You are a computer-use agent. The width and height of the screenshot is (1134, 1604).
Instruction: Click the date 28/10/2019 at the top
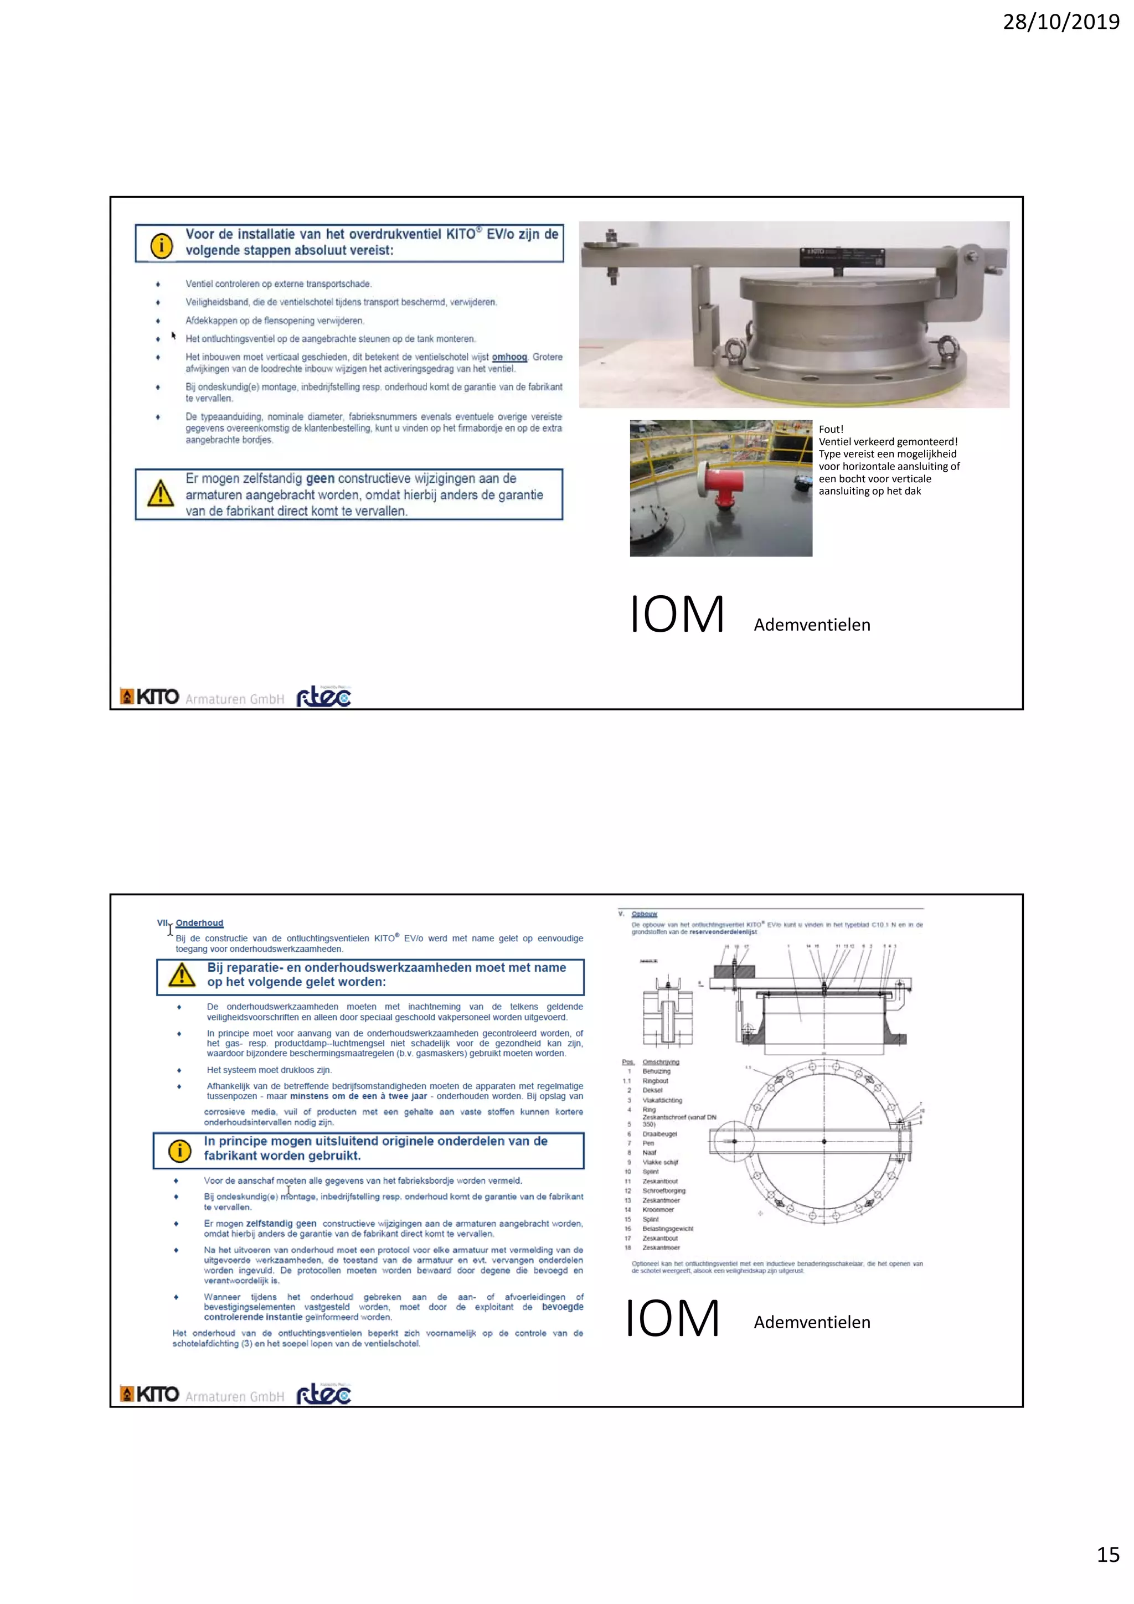point(1061,22)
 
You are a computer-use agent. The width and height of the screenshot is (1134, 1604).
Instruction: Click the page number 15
point(1107,1554)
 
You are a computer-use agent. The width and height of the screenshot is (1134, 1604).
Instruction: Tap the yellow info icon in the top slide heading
point(161,245)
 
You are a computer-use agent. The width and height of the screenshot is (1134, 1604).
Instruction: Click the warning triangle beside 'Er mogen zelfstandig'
point(161,493)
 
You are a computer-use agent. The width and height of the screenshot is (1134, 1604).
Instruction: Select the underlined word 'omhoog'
point(509,357)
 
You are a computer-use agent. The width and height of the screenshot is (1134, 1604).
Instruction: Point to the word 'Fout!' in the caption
point(831,429)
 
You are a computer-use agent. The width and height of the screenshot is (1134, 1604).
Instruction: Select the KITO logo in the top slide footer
point(150,697)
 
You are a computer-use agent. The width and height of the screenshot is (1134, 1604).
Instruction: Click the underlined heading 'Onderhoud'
point(199,923)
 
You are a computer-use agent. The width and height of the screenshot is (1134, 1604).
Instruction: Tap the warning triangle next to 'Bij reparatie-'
point(182,974)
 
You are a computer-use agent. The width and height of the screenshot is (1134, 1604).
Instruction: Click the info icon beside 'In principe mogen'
point(179,1151)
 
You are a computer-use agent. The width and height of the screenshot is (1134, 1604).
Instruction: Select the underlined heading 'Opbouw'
point(644,914)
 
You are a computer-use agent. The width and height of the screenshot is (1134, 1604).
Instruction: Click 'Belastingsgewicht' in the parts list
point(667,1228)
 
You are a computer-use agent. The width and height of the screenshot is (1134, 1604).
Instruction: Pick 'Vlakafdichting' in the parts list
point(662,1100)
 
